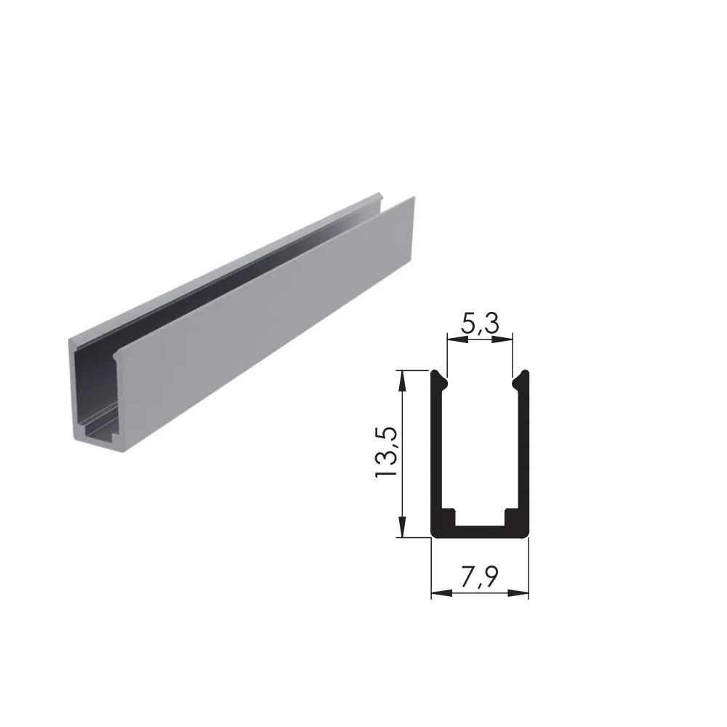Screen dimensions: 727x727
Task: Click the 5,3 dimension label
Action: pyautogui.click(x=481, y=324)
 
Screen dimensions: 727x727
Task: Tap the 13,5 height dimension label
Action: pyautogui.click(x=386, y=451)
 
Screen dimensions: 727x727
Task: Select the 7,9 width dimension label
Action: pyautogui.click(x=480, y=577)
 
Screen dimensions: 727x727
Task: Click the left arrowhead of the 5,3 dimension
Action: pyautogui.click(x=457, y=339)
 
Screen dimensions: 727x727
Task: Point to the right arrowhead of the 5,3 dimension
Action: pyautogui.click(x=502, y=339)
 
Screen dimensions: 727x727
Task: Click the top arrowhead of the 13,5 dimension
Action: pyautogui.click(x=402, y=381)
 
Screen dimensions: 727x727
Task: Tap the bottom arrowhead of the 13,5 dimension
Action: pyautogui.click(x=402, y=526)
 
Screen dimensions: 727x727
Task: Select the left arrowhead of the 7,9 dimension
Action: pyautogui.click(x=442, y=593)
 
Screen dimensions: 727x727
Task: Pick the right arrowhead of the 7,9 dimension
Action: pyautogui.click(x=518, y=593)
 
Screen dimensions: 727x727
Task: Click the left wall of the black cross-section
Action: pyautogui.click(x=436, y=450)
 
